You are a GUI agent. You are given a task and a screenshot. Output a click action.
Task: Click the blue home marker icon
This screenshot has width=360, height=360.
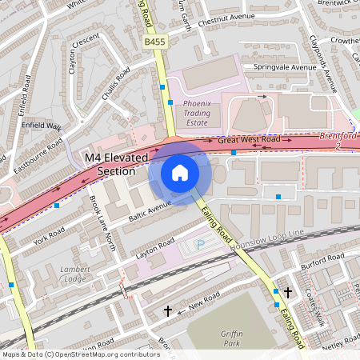[180, 173]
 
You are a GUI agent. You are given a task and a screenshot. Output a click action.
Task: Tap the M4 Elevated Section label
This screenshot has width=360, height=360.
[116, 166]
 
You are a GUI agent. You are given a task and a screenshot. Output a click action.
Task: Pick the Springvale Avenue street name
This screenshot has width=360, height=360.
[285, 67]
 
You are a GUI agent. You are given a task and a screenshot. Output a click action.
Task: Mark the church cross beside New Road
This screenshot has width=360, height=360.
[167, 310]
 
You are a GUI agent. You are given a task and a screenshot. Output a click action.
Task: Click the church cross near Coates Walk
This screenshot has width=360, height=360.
[287, 293]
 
